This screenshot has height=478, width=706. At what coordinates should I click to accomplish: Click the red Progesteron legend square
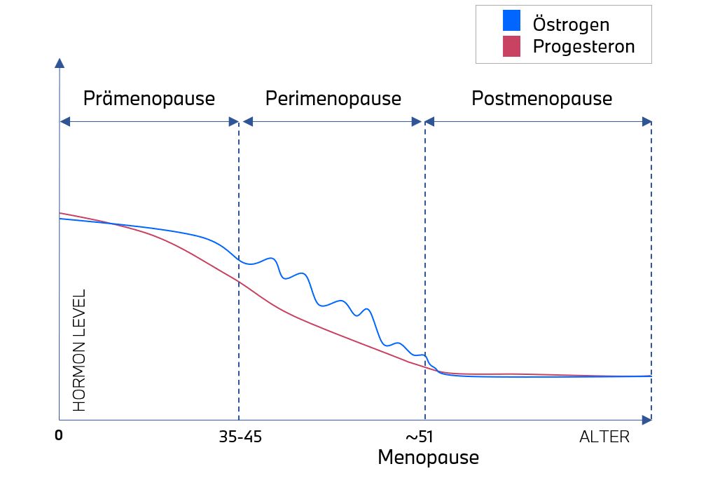tap(511, 46)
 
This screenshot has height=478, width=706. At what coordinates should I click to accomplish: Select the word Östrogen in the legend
tap(571, 25)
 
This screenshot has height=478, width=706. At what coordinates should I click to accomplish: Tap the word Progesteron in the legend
tap(583, 47)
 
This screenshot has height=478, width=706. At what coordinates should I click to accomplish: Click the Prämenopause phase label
tap(148, 99)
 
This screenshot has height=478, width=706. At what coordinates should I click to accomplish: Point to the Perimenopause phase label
tap(333, 99)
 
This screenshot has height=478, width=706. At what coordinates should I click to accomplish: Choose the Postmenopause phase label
tap(541, 99)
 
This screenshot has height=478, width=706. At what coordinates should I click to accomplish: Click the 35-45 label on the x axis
tap(241, 437)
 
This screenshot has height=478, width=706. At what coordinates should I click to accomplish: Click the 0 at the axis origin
tap(59, 436)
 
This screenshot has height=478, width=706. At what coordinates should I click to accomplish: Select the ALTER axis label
tap(604, 437)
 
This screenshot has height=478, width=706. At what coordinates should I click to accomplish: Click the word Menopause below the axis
tap(428, 458)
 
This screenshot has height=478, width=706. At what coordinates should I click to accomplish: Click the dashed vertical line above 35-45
tap(239, 336)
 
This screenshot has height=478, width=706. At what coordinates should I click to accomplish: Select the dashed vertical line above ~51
tap(424, 280)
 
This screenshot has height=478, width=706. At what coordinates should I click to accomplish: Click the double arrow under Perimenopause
tap(332, 121)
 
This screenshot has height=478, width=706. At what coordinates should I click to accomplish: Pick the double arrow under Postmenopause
tap(538, 121)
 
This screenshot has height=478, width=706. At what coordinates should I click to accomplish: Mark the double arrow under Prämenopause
tap(149, 121)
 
